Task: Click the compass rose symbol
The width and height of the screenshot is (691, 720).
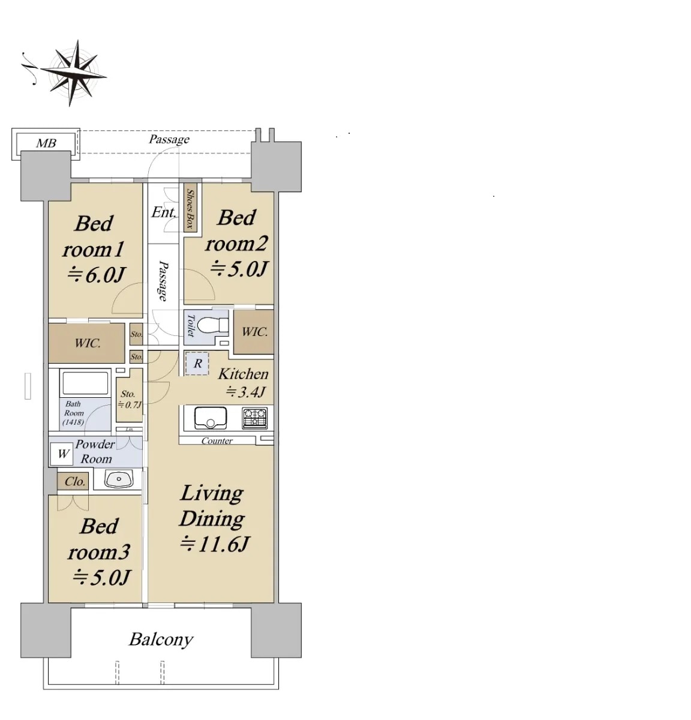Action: coord(71,73)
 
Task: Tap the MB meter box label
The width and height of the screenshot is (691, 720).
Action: coord(46,143)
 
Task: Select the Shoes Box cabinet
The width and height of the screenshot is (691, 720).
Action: coord(191,208)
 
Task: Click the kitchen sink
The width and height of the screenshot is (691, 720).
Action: coord(210,418)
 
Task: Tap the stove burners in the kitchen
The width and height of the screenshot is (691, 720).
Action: coord(255,418)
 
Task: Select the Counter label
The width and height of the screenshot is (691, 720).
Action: coord(217,441)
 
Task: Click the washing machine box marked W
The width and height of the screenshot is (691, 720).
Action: coord(62,454)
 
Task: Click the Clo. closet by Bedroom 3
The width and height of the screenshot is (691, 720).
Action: coord(74,481)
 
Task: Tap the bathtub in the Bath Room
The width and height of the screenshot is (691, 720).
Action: coord(85,383)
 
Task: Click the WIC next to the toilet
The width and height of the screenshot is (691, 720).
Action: coord(254,332)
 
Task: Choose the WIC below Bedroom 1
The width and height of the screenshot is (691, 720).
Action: coord(88,343)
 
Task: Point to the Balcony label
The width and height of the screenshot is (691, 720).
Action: coord(161,640)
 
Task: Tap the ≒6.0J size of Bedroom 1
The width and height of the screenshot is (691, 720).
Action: coord(96,275)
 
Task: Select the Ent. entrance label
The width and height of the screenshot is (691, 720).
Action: coord(163,212)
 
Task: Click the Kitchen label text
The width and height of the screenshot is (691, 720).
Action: coord(243,374)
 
